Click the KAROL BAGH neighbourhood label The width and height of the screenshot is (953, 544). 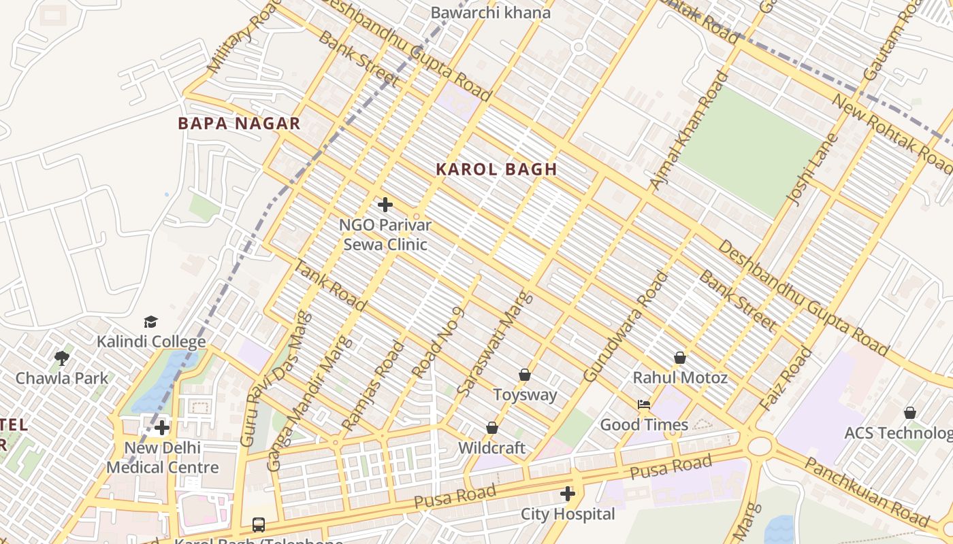click(x=496, y=169)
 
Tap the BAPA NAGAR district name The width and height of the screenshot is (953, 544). click(x=239, y=123)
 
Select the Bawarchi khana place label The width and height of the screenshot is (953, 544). click(x=490, y=12)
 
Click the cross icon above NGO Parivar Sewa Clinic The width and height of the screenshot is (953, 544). click(x=385, y=204)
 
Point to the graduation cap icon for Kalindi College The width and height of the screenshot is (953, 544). click(x=150, y=322)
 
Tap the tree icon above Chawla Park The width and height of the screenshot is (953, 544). click(x=62, y=358)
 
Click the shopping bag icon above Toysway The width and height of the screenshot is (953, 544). click(x=525, y=375)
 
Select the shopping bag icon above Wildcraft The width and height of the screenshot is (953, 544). click(x=491, y=428)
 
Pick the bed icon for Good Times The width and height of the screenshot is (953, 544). click(x=644, y=405)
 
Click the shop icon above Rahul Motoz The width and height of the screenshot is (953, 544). click(x=679, y=357)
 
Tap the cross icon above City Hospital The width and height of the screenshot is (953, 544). click(x=568, y=494)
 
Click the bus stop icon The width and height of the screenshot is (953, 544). click(x=259, y=524)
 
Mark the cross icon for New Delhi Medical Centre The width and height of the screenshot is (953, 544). click(x=162, y=428)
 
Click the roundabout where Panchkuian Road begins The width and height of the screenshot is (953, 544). click(x=760, y=446)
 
